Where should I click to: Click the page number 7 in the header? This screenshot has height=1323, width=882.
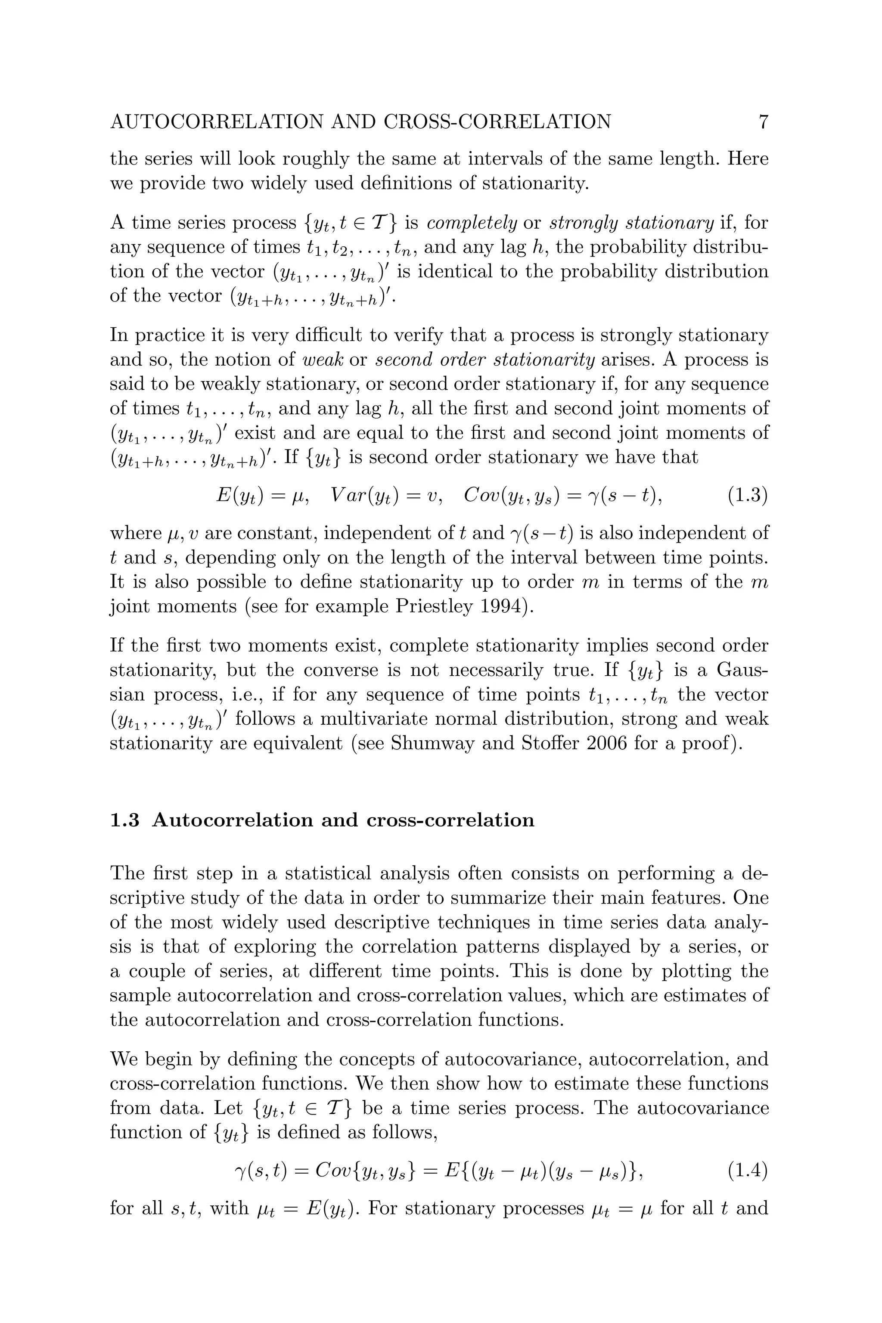(x=763, y=122)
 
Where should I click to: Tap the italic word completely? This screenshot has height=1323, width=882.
(x=472, y=224)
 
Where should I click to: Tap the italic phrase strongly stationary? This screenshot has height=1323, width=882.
(x=631, y=224)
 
